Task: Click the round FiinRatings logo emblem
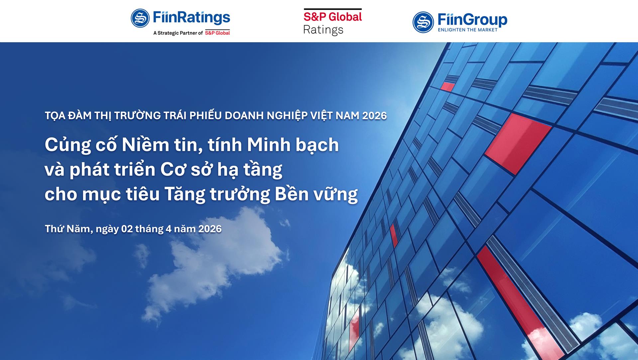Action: pyautogui.click(x=140, y=18)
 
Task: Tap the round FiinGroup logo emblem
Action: pyautogui.click(x=423, y=22)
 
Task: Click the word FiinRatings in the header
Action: pyautogui.click(x=192, y=18)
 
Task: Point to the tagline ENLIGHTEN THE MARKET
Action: pyautogui.click(x=468, y=30)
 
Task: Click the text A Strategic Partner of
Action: pyautogui.click(x=178, y=33)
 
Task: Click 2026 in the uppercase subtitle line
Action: pyautogui.click(x=374, y=116)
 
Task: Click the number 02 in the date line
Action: pyautogui.click(x=127, y=229)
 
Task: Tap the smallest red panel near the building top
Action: pyautogui.click(x=447, y=87)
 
